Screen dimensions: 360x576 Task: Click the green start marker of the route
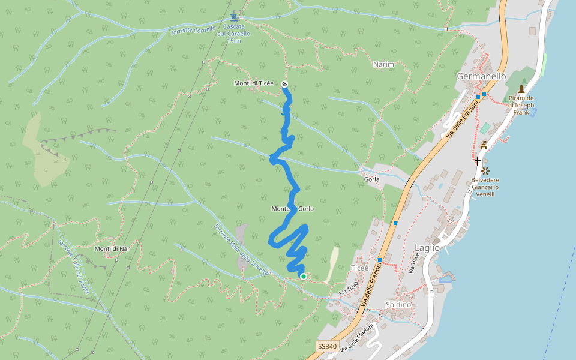(x=304, y=277)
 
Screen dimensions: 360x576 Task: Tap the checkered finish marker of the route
(x=284, y=85)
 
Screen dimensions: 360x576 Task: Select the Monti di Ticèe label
(x=254, y=83)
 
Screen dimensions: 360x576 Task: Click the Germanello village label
(x=481, y=76)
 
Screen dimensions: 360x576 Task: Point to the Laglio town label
(x=427, y=247)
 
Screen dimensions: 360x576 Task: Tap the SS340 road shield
(x=327, y=347)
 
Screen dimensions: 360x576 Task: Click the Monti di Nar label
(x=112, y=248)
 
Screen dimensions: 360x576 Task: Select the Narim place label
(x=383, y=64)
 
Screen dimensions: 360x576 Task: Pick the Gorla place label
(x=371, y=179)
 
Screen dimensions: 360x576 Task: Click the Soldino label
(x=399, y=305)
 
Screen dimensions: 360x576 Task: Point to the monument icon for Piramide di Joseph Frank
(x=521, y=88)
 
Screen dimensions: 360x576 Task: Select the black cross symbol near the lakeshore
(x=478, y=161)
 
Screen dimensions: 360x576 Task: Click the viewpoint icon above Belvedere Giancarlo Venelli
(x=485, y=171)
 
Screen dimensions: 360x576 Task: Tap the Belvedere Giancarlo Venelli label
(x=485, y=187)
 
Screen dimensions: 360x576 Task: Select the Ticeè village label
(x=359, y=268)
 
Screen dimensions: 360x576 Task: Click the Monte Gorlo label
(x=292, y=209)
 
